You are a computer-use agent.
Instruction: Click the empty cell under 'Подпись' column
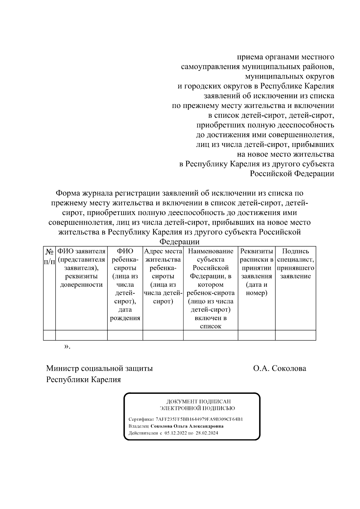click(295, 335)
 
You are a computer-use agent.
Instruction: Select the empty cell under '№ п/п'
click(49, 335)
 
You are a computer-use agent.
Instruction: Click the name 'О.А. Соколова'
click(280, 368)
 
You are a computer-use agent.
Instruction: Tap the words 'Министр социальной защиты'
click(99, 368)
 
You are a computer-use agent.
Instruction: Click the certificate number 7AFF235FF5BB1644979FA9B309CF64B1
click(199, 419)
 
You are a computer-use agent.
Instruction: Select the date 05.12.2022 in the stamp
click(175, 433)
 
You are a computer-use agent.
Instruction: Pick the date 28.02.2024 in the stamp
click(207, 433)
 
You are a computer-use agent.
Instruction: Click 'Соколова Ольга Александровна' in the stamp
click(187, 426)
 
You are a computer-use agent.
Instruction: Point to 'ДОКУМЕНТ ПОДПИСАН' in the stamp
click(199, 401)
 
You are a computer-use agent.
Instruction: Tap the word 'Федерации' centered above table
click(179, 242)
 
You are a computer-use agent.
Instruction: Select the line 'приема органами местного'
click(285, 57)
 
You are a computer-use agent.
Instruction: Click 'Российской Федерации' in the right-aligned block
click(292, 174)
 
